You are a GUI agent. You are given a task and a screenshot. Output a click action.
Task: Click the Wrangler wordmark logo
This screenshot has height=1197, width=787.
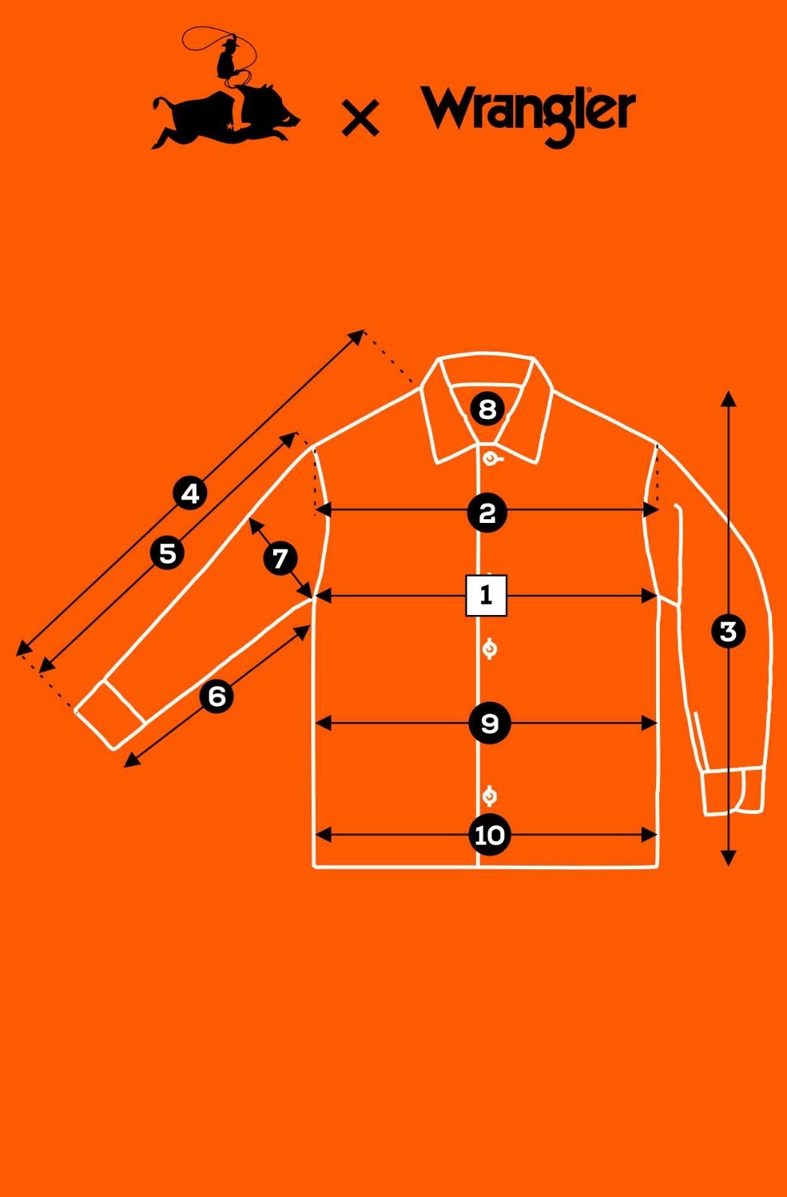tap(528, 114)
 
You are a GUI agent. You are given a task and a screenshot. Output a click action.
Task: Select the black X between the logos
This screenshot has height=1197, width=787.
tap(360, 118)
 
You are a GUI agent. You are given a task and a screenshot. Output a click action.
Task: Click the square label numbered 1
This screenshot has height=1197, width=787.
tap(486, 596)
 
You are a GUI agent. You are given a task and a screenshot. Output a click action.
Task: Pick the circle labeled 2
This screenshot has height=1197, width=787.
tap(487, 513)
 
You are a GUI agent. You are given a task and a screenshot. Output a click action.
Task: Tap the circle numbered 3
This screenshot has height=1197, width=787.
tap(728, 631)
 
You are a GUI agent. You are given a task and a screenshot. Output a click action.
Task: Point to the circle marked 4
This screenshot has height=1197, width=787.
tap(191, 494)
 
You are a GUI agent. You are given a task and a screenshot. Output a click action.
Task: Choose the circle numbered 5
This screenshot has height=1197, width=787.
tap(168, 554)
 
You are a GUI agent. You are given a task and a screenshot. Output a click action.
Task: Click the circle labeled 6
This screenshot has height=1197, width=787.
tap(217, 697)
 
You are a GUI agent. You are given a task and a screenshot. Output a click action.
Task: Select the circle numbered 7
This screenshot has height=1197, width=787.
tap(281, 558)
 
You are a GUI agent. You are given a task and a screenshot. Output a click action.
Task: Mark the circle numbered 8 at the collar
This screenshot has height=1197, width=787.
tap(487, 409)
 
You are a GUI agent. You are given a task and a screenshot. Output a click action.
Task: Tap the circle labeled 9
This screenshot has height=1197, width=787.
tap(489, 723)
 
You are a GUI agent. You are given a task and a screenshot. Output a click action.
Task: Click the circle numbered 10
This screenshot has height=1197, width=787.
tap(490, 835)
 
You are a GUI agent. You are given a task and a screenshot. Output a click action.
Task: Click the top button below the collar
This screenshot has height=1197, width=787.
tap(490, 458)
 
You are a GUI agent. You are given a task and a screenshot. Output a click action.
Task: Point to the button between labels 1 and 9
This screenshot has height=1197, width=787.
tap(489, 649)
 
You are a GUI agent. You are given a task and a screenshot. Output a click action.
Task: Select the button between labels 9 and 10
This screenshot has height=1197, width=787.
tap(489, 795)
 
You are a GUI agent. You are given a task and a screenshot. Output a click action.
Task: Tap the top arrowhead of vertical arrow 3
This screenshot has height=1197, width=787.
tap(729, 398)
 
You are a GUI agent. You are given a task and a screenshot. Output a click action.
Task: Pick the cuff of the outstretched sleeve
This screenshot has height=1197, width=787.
tap(111, 714)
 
